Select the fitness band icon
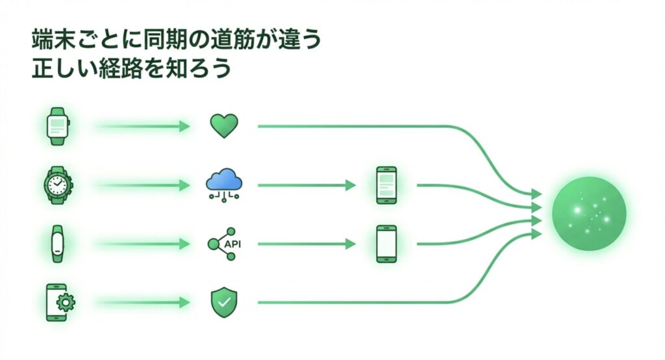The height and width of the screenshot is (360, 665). click(x=57, y=244)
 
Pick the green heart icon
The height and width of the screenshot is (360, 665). click(x=224, y=125)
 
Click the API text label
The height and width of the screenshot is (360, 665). click(x=232, y=244)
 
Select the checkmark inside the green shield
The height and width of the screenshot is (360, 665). click(x=224, y=302)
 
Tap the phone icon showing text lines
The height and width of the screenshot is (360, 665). click(x=386, y=185)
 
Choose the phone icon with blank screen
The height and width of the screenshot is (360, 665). click(x=386, y=244)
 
